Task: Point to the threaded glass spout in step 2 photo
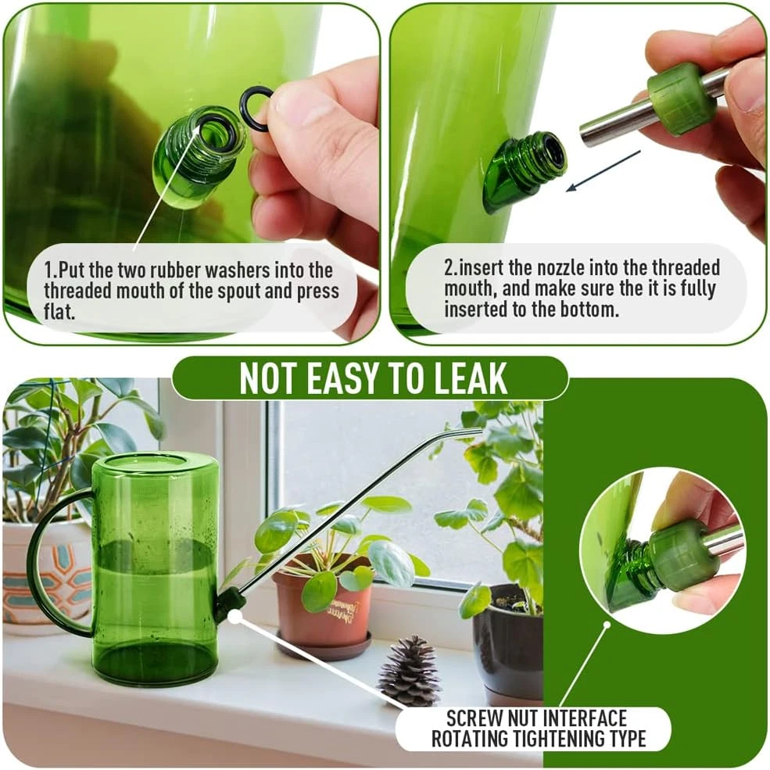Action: point(524,169)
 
